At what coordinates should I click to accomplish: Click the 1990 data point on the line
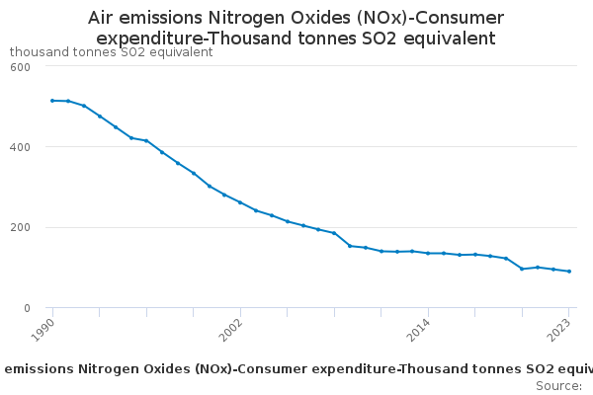(52, 101)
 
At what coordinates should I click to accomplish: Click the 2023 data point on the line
(569, 272)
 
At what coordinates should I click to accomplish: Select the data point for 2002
(240, 202)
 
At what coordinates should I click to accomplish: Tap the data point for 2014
(428, 253)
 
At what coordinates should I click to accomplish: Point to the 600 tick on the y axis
(21, 66)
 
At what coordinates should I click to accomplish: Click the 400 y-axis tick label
(21, 147)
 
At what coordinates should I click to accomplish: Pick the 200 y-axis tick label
(21, 227)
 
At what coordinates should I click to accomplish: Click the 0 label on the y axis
(27, 308)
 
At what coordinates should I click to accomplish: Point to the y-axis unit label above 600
(111, 51)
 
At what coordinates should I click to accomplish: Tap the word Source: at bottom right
(558, 386)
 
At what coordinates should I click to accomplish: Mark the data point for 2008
(334, 233)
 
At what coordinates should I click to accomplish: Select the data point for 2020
(522, 269)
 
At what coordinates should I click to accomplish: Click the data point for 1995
(130, 137)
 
